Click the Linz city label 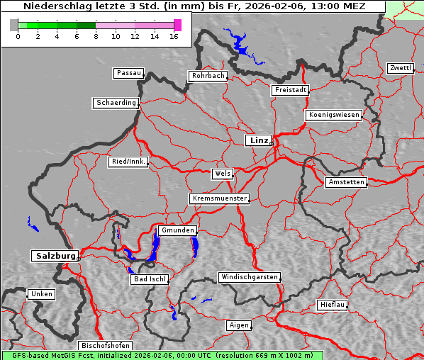[x=259, y=140]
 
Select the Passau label [x=128, y=73]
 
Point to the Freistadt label [x=290, y=90]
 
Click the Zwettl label [x=400, y=68]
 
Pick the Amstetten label [x=346, y=182]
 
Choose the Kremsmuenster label [x=220, y=198]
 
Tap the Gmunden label [x=177, y=230]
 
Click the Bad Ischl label [x=150, y=279]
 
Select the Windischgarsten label [x=249, y=277]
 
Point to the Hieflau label [x=333, y=305]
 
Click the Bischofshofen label [x=104, y=345]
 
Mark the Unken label [x=41, y=293]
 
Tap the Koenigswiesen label [x=334, y=115]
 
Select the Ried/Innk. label [x=129, y=162]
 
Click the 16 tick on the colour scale [x=174, y=35]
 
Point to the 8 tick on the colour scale [x=96, y=35]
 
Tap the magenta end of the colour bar [x=177, y=25]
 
